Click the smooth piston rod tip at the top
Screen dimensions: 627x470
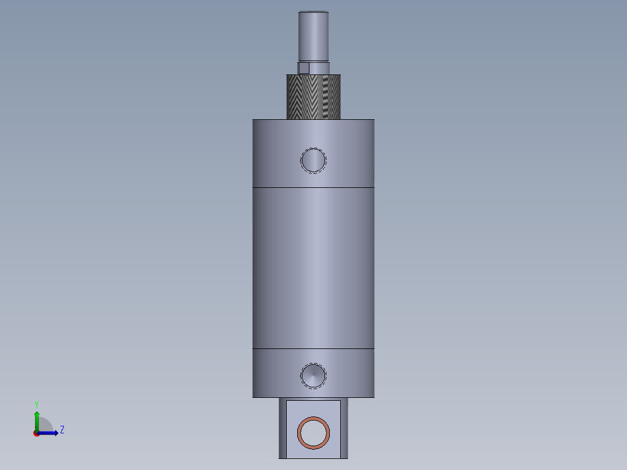(x=313, y=36)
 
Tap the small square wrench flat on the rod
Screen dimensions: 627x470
(x=304, y=68)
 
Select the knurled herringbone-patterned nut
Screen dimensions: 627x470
(x=313, y=97)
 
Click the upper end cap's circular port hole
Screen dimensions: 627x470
(x=313, y=161)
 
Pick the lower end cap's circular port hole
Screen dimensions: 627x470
(x=313, y=376)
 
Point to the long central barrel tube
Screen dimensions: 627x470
(x=313, y=268)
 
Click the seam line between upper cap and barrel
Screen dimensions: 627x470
(x=313, y=187)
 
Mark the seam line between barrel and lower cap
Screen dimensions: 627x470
(x=313, y=348)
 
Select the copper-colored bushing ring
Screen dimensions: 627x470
(x=313, y=418)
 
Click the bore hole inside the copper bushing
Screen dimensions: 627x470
(x=313, y=433)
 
